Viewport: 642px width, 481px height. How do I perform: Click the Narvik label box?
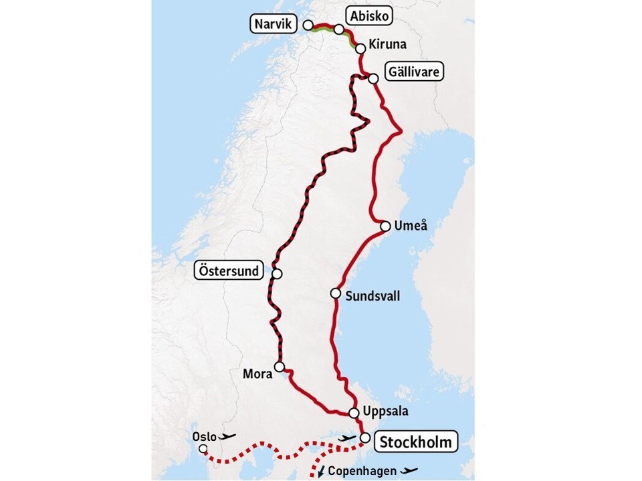(274, 25)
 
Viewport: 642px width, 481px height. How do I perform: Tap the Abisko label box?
(368, 16)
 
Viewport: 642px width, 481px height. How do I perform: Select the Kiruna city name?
(387, 45)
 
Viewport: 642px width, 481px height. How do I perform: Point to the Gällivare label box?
(415, 71)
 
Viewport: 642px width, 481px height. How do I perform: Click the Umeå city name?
(409, 226)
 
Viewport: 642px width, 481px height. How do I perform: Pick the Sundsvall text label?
(373, 295)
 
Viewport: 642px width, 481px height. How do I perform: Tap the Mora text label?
(258, 374)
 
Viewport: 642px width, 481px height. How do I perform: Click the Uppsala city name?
(388, 411)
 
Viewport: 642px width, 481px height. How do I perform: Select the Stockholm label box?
(417, 442)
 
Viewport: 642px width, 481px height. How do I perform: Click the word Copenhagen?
(361, 470)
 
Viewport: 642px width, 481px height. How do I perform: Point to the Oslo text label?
(204, 436)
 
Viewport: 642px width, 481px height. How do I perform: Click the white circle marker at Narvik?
(308, 25)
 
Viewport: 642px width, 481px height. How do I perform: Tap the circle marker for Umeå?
(385, 226)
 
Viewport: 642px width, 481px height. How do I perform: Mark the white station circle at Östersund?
(277, 273)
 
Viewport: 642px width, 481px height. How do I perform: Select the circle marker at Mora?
(280, 366)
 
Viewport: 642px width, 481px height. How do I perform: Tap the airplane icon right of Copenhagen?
(409, 470)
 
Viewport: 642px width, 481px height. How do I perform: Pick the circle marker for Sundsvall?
(335, 293)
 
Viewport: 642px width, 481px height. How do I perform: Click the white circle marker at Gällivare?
(373, 78)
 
